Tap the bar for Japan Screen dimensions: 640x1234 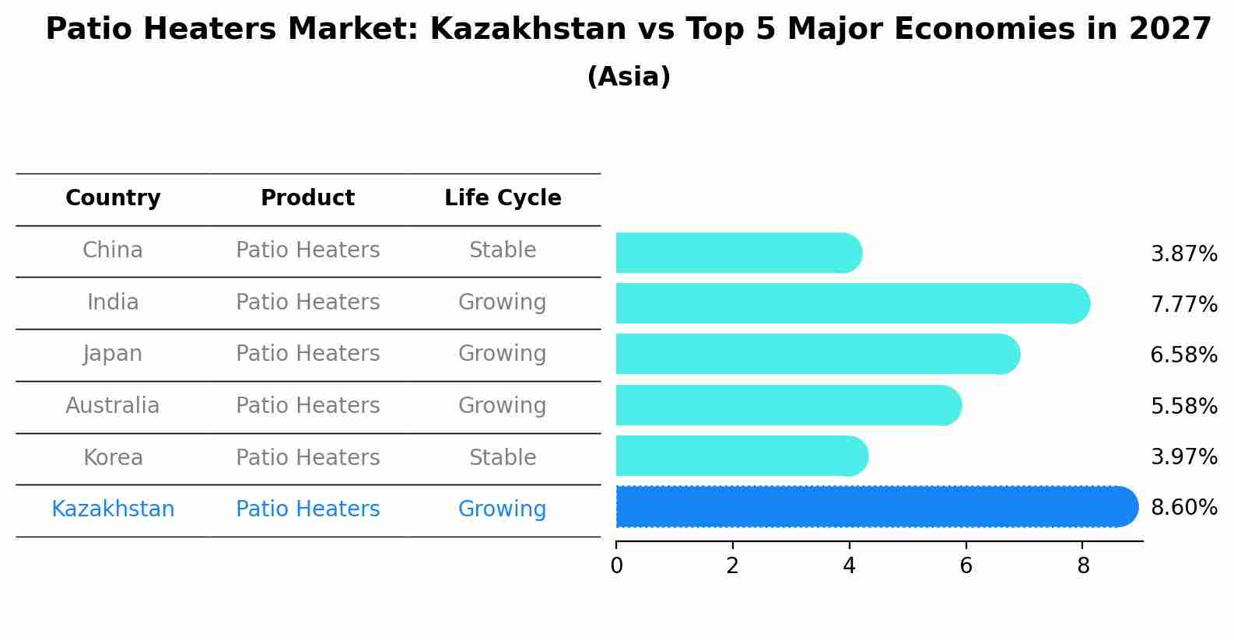pyautogui.click(x=817, y=355)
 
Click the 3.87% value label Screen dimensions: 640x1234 pyautogui.click(x=1183, y=254)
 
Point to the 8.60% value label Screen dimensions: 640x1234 pyautogui.click(x=1183, y=508)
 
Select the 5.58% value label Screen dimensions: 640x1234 pyautogui.click(x=1183, y=406)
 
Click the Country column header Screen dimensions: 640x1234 pyautogui.click(x=113, y=198)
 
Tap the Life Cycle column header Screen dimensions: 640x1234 pyautogui.click(x=503, y=198)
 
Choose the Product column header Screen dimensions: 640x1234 pyautogui.click(x=307, y=198)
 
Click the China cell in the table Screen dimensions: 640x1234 pyautogui.click(x=113, y=250)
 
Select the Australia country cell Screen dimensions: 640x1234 pyautogui.click(x=113, y=406)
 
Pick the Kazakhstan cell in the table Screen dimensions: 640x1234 pyautogui.click(x=113, y=509)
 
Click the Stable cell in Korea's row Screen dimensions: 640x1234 pyautogui.click(x=503, y=458)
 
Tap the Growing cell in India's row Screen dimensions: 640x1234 pyautogui.click(x=503, y=303)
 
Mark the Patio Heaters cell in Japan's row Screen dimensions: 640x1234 pyautogui.click(x=307, y=354)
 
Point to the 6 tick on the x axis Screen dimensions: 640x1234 pyautogui.click(x=966, y=566)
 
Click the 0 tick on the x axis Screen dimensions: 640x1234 pyautogui.click(x=616, y=566)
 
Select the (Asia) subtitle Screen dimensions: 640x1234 pyautogui.click(x=629, y=77)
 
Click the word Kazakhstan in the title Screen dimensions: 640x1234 pyautogui.click(x=528, y=30)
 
